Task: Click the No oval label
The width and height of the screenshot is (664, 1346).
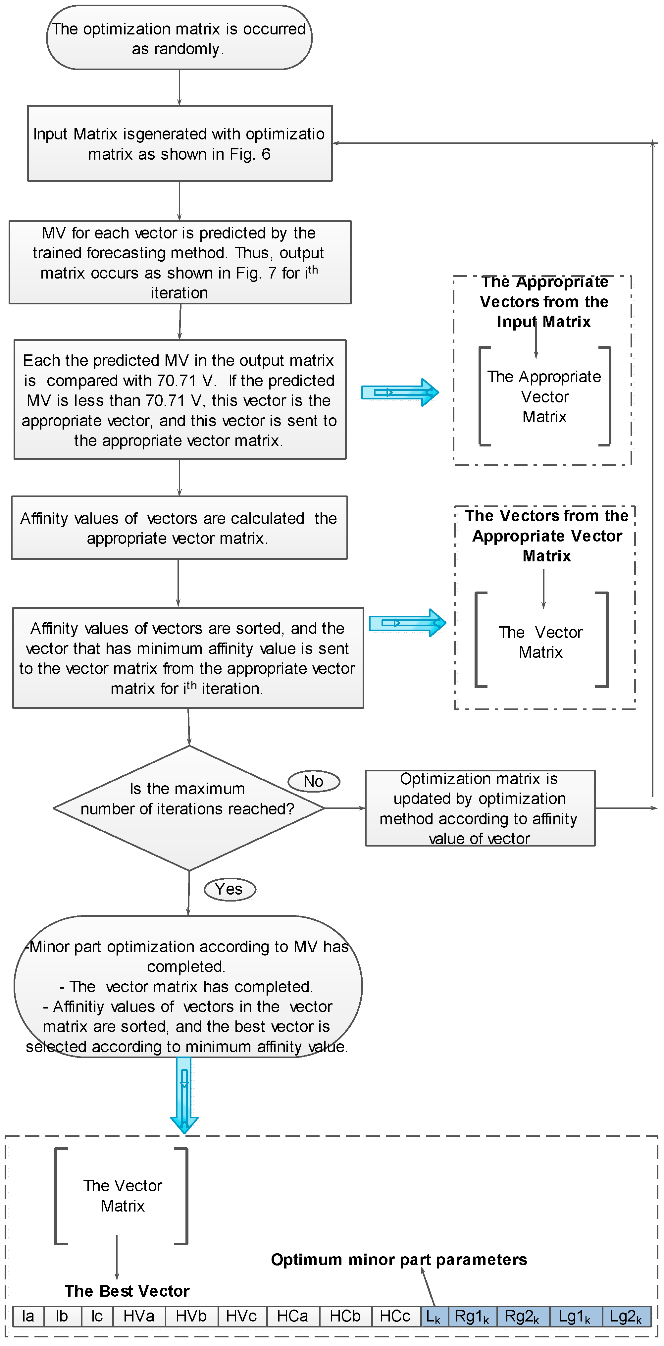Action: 313,781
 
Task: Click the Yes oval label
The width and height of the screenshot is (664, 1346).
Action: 230,889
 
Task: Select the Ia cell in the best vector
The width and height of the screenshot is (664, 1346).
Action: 28,1316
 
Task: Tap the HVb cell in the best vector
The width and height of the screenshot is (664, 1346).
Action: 191,1316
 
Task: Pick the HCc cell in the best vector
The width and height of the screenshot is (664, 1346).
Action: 395,1316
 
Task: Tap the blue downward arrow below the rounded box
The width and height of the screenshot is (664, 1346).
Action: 184,1094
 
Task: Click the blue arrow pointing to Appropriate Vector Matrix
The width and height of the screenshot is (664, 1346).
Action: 400,392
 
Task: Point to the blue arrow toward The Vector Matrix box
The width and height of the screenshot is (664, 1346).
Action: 407,622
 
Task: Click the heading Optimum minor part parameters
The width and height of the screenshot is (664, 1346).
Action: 399,1259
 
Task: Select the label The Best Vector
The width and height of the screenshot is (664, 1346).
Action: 127,1291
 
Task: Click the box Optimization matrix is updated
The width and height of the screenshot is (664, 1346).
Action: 480,808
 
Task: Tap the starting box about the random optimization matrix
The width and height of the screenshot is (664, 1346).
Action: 179,38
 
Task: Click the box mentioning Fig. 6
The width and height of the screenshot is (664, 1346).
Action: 179,144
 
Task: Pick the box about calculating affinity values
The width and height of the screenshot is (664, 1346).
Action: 179,528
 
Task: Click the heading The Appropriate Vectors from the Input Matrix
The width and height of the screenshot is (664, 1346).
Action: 543,301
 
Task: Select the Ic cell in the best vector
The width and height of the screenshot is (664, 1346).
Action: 97,1316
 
